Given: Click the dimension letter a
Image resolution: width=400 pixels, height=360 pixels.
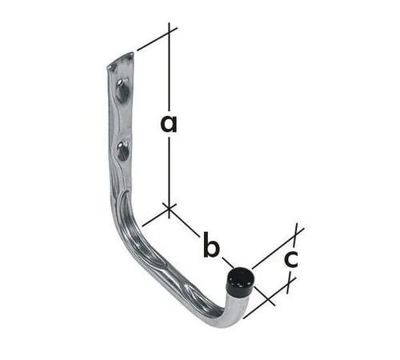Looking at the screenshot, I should click(167, 124).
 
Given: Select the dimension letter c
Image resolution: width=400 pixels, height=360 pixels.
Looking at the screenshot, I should click(291, 259).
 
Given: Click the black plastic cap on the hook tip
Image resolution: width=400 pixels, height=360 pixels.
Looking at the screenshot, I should click(239, 279).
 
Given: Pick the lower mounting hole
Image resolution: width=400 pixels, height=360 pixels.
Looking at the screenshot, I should click(123, 151).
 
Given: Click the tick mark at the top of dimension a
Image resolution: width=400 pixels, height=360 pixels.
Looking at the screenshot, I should click(169, 32).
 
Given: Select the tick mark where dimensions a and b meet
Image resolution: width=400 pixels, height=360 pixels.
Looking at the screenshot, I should click(169, 210).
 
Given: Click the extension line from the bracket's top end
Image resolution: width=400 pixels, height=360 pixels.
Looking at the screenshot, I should click(152, 41).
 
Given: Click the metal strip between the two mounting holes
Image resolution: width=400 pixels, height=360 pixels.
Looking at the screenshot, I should click(122, 122).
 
